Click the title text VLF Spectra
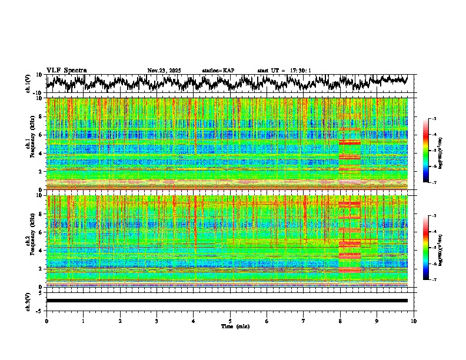tap(66, 71)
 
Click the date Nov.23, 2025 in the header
tap(164, 71)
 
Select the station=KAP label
tap(218, 71)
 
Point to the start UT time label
tap(284, 71)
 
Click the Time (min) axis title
tap(235, 326)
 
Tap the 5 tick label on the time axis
tap(230, 321)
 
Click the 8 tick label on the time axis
tap(340, 321)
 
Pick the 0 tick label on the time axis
tap(46, 321)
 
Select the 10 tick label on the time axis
tap(414, 321)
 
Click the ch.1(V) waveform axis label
tap(28, 84)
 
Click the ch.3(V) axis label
tap(28, 301)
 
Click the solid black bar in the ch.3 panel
tap(227, 301)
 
